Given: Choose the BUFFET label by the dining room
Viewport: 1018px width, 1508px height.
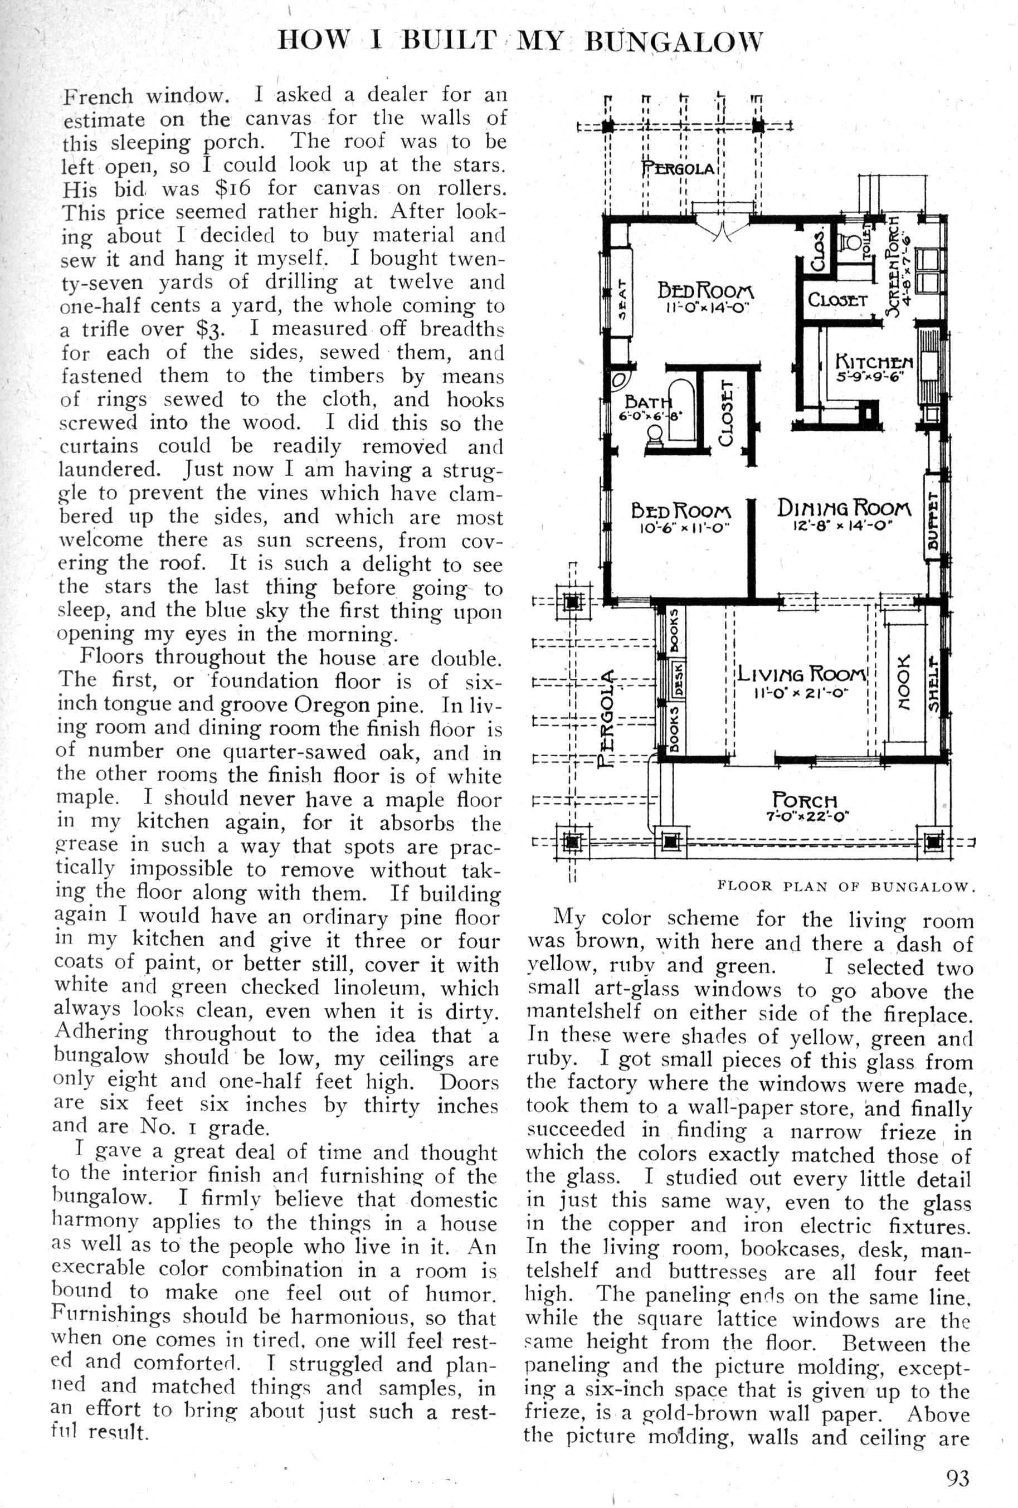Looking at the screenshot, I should [932, 518].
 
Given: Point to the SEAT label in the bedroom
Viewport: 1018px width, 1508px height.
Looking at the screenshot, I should [621, 300].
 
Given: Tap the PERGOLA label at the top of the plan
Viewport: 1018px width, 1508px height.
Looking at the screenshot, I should [678, 169].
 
